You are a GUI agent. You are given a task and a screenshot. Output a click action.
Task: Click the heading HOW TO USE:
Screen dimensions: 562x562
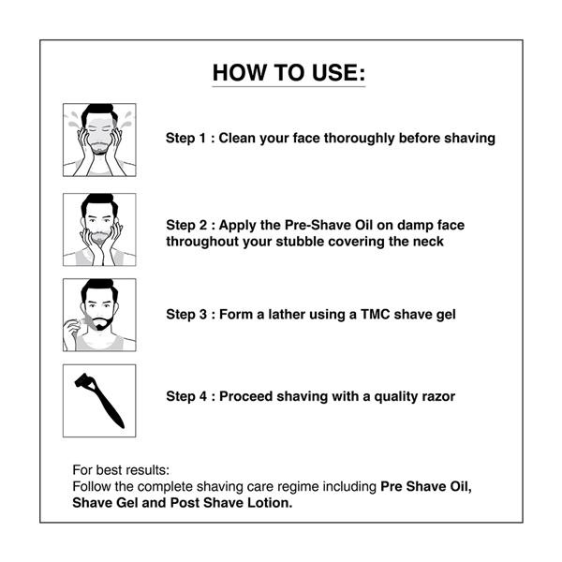click(288, 73)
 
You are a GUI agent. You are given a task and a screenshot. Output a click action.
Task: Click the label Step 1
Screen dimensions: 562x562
click(186, 139)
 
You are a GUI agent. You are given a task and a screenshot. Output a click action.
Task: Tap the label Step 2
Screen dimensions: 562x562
click(186, 226)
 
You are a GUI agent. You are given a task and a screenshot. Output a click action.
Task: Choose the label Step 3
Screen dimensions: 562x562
click(186, 315)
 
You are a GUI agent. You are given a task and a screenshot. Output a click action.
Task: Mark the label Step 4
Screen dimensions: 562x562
click(186, 397)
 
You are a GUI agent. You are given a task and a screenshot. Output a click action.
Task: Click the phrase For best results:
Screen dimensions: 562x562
click(121, 470)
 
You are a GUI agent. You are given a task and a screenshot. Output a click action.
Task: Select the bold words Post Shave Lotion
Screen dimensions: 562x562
click(231, 503)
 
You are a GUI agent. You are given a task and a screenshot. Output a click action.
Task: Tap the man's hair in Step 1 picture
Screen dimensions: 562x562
click(99, 112)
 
